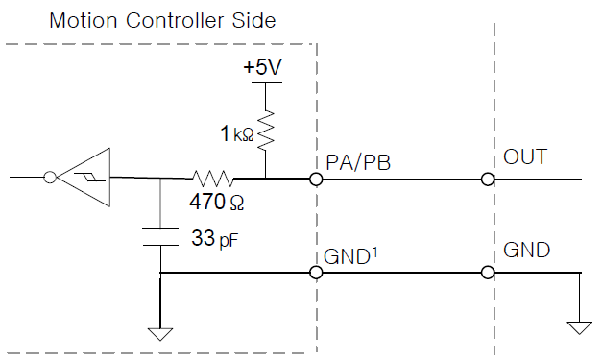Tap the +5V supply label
click(264, 69)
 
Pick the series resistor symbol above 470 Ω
click(212, 179)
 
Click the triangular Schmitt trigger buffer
click(84, 178)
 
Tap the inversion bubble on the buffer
click(50, 178)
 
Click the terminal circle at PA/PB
click(316, 179)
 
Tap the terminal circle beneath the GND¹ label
click(316, 273)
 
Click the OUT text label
click(524, 157)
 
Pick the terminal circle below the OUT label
click(488, 179)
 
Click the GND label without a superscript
click(526, 252)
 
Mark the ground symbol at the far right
click(580, 327)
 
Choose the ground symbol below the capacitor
click(159, 334)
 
